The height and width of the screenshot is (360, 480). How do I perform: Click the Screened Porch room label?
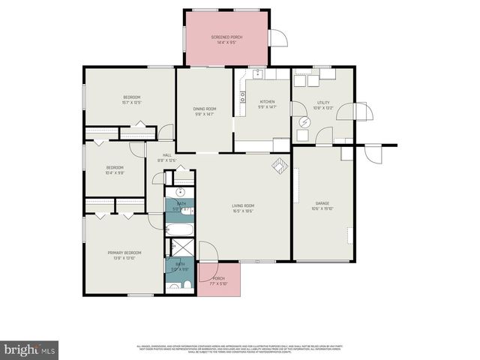pyautogui.click(x=226, y=39)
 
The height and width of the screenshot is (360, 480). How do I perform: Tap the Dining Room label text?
pyautogui.click(x=205, y=112)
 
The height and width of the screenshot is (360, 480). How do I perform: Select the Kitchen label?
pyautogui.click(x=267, y=104)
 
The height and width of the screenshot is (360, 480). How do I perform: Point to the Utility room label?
pyautogui.click(x=323, y=105)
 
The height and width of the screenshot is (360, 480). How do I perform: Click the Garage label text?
pyautogui.click(x=322, y=205)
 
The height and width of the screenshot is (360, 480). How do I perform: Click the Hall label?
pyautogui.click(x=166, y=157)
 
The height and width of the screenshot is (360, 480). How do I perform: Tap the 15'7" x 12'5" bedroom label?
pyautogui.click(x=132, y=100)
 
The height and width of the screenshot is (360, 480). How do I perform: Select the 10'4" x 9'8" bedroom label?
pyautogui.click(x=114, y=169)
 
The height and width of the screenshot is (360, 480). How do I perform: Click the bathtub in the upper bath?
pyautogui.click(x=181, y=229)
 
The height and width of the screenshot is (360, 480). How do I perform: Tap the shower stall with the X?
pyautogui.click(x=181, y=247)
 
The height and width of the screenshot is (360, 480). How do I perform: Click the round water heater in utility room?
pyautogui.click(x=305, y=121)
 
